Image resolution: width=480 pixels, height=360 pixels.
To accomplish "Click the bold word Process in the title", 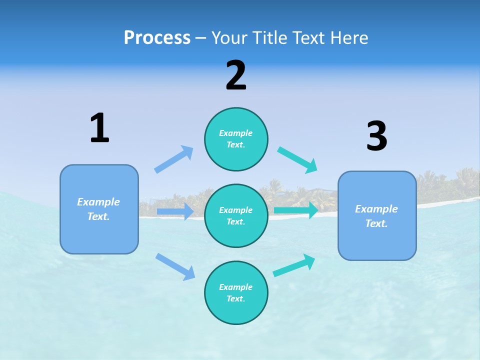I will (x=157, y=37).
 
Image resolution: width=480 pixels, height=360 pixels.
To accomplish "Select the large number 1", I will (x=99, y=128).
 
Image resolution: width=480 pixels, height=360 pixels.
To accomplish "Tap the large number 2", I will (x=236, y=75).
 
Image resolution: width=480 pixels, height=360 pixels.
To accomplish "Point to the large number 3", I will (x=377, y=136).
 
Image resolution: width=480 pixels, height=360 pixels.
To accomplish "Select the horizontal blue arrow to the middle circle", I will (x=175, y=211).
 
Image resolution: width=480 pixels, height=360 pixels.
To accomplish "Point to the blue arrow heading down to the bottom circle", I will (x=175, y=266).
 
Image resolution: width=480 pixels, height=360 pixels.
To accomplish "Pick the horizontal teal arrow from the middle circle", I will (x=296, y=210).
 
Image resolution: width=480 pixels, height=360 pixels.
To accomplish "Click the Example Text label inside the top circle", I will (x=236, y=139).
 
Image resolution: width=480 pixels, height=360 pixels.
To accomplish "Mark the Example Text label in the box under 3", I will (x=376, y=216).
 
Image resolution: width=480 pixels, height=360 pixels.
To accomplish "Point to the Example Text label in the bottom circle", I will (x=236, y=293).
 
